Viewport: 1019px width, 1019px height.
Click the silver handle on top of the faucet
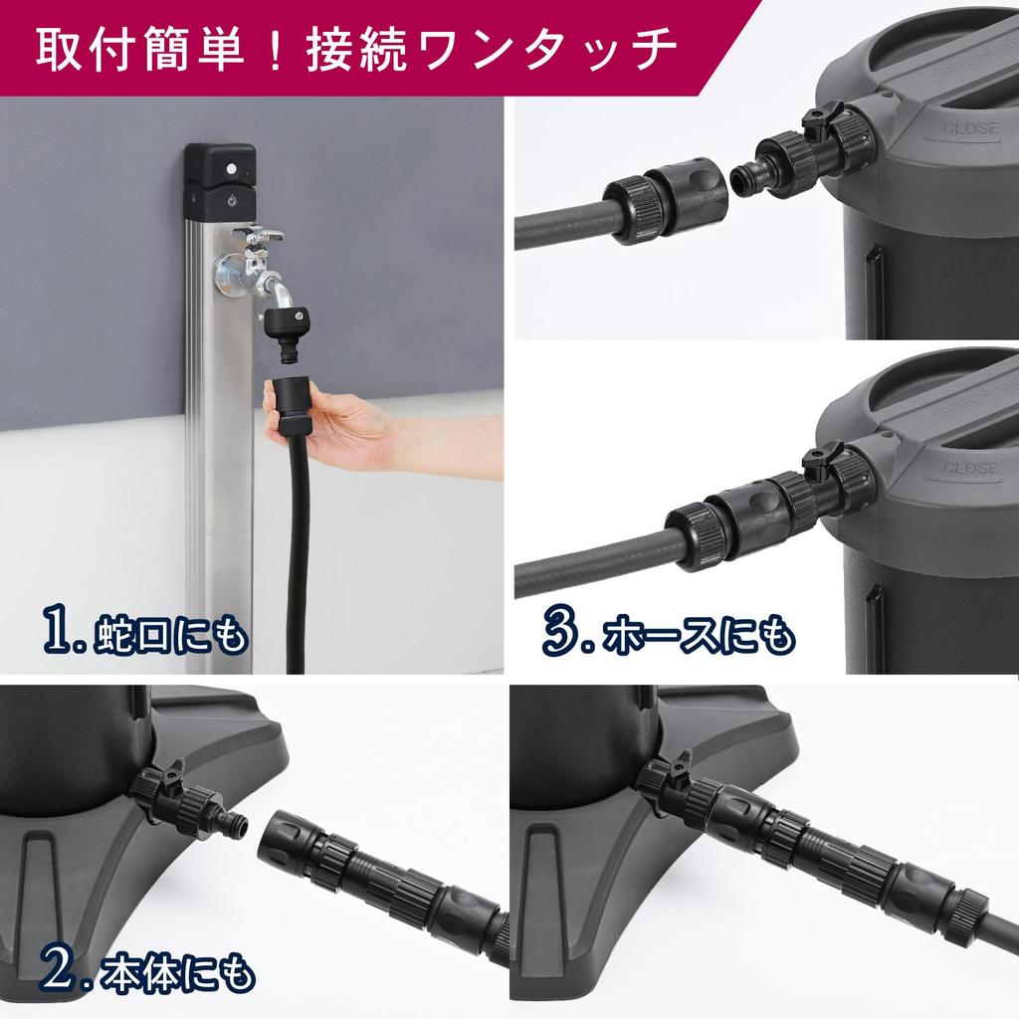256,236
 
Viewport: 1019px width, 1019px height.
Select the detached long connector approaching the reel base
383,876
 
